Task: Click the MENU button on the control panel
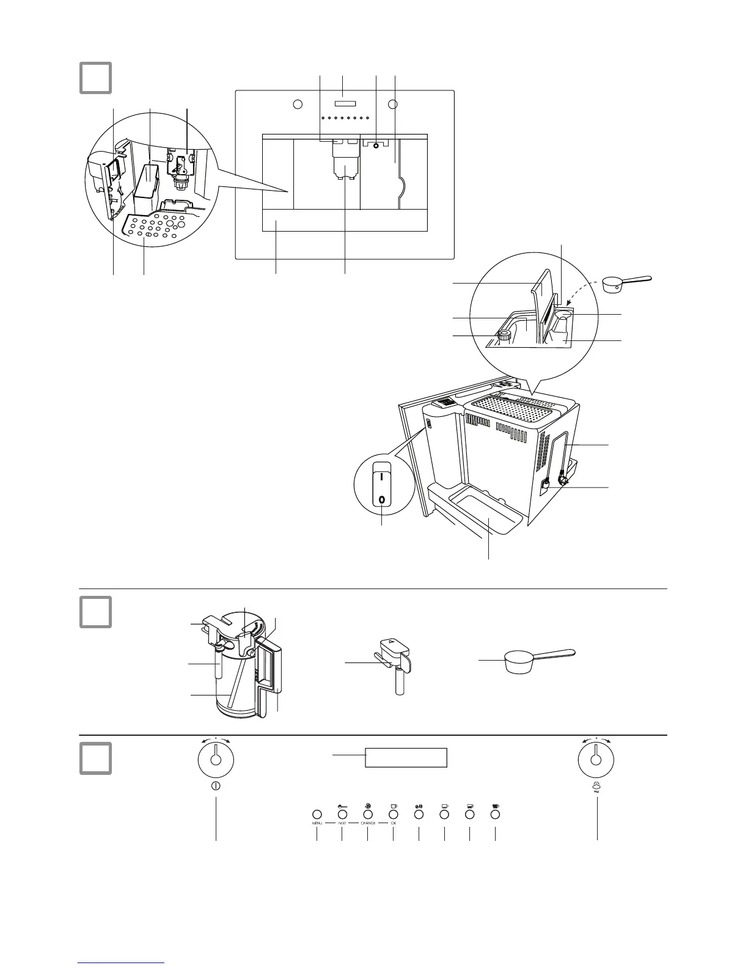317,815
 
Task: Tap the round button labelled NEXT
342,815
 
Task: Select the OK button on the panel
393,815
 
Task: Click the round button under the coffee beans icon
419,815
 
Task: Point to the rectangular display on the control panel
406,758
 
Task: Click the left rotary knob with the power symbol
215,760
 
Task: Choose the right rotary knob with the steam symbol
595,760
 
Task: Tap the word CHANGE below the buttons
367,824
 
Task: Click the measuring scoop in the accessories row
532,660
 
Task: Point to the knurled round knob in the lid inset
504,334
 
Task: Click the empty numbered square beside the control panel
95,758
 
